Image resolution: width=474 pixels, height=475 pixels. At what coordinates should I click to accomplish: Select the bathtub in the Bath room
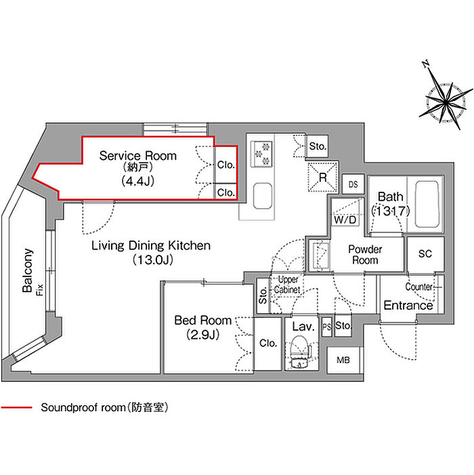click(427, 205)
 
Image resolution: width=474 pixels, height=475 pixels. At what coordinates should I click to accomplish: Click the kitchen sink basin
click(262, 196)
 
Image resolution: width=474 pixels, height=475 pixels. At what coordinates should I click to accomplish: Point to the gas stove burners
click(261, 154)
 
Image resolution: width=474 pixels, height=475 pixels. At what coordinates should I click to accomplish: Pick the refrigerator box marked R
click(323, 178)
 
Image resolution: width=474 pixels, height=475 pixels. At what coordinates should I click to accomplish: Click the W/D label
click(345, 220)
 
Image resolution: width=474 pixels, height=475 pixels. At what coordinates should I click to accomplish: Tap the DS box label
click(353, 184)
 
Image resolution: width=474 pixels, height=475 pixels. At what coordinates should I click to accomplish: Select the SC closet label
click(425, 253)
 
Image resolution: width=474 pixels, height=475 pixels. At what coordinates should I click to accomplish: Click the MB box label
click(343, 360)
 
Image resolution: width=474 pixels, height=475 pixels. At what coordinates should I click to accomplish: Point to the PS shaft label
click(326, 327)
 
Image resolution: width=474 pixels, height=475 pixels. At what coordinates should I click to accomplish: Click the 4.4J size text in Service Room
click(137, 181)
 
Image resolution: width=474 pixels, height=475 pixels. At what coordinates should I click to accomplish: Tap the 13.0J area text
click(152, 260)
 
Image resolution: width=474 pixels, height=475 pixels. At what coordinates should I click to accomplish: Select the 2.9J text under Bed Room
click(202, 335)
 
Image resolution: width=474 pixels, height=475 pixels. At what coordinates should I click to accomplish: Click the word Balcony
click(28, 270)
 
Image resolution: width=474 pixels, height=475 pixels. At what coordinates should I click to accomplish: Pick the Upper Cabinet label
click(287, 285)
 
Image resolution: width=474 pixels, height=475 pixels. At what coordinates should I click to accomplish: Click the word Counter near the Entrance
click(419, 287)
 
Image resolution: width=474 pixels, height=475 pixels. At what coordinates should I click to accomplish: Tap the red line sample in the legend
click(16, 407)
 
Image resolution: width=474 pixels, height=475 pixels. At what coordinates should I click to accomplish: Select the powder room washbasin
click(320, 255)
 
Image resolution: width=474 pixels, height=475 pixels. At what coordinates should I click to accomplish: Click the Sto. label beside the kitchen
click(318, 146)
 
